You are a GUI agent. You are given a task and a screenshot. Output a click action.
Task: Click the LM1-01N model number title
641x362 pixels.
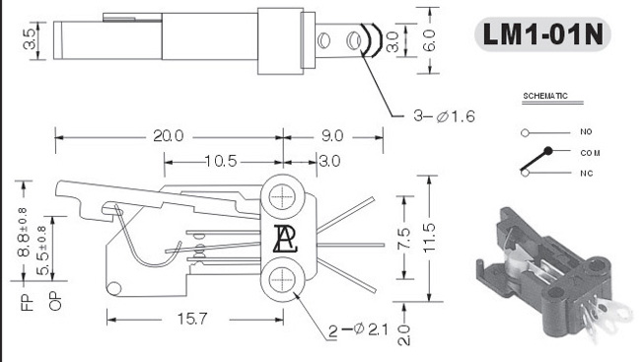tap(543, 35)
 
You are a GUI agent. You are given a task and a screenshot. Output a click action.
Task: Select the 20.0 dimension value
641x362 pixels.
tap(169, 136)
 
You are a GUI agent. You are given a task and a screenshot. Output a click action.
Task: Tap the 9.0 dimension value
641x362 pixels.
tap(332, 136)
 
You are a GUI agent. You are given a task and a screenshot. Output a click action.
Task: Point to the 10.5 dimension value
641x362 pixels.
tap(221, 161)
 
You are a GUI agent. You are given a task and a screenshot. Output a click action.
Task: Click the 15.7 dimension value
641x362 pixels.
tap(192, 319)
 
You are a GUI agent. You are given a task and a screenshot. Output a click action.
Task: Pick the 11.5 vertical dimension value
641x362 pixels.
tap(429, 238)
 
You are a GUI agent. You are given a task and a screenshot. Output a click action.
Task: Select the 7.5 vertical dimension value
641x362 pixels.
tap(403, 238)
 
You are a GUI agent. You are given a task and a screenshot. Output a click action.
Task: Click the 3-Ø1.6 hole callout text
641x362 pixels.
tap(444, 116)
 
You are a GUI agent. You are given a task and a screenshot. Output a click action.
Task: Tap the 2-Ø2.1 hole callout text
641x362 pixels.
tap(358, 329)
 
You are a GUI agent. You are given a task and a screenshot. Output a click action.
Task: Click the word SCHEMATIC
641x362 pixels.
tap(545, 96)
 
